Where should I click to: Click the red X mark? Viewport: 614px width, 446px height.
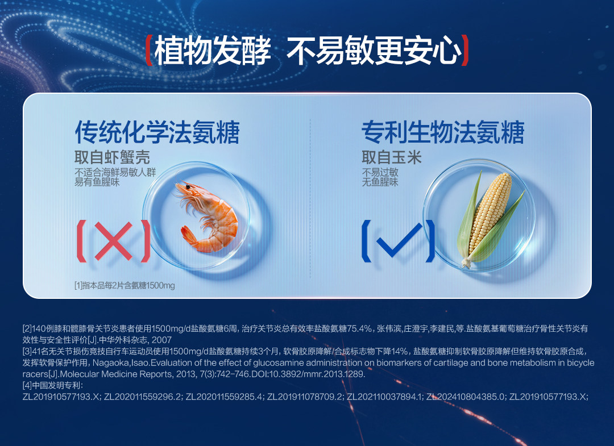114,241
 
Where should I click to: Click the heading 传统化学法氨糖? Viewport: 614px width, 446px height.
157,132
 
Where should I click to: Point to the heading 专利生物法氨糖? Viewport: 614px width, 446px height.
443,132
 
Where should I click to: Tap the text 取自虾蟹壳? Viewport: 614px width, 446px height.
113,157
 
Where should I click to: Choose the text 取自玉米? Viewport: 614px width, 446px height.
392,157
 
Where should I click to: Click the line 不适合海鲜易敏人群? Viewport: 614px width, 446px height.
115,172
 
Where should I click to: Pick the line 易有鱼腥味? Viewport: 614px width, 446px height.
97,182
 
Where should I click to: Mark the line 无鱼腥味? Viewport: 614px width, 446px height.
380,182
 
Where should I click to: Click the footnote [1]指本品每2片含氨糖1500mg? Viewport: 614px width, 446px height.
125,286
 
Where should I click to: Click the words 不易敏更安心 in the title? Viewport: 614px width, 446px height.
374,51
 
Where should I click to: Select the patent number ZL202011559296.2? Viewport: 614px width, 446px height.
143,397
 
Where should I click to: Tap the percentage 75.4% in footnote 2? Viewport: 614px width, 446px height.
359,328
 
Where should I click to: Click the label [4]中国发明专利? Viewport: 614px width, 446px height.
52,385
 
